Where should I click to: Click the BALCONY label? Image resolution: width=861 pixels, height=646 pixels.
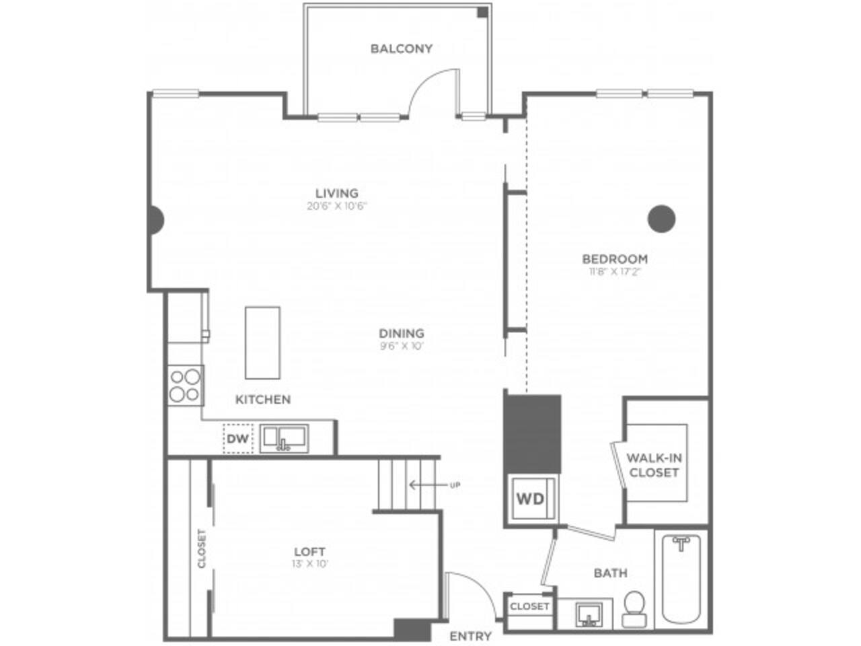pyautogui.click(x=402, y=48)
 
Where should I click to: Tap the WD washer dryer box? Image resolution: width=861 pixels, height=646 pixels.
pyautogui.click(x=531, y=499)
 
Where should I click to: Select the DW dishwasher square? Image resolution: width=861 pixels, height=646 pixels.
pyautogui.click(x=237, y=439)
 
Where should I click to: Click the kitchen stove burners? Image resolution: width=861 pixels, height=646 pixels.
pyautogui.click(x=184, y=385)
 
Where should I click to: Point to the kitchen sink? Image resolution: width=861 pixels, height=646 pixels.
pyautogui.click(x=284, y=438)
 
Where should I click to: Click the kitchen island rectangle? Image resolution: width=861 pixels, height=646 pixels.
pyautogui.click(x=262, y=343)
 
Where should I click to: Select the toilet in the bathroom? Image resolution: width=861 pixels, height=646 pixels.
pyautogui.click(x=633, y=608)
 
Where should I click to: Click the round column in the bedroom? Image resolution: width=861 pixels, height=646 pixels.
pyautogui.click(x=661, y=218)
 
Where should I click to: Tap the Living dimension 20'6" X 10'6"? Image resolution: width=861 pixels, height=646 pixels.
pyautogui.click(x=336, y=207)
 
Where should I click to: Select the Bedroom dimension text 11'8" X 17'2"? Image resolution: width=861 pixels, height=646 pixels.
pyautogui.click(x=615, y=273)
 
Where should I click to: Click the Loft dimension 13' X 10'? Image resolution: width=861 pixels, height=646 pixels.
pyautogui.click(x=309, y=564)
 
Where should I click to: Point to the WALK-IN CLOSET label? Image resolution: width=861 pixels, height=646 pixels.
pyautogui.click(x=654, y=465)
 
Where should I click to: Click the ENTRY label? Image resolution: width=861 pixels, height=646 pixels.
pyautogui.click(x=470, y=636)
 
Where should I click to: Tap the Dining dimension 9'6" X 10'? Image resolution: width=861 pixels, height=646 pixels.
pyautogui.click(x=401, y=347)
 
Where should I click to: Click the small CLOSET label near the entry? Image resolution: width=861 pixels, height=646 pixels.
pyautogui.click(x=529, y=606)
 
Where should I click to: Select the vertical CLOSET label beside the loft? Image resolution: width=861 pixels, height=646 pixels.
pyautogui.click(x=202, y=548)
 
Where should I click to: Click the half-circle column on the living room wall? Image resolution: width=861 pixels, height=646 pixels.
pyautogui.click(x=156, y=219)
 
